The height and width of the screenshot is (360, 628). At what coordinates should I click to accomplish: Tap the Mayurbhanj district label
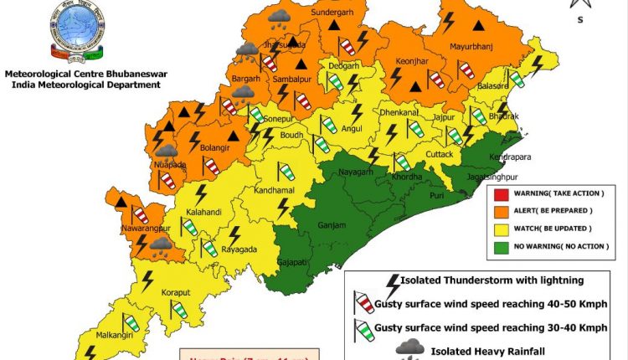474,47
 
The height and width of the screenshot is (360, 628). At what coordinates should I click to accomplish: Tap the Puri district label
412,196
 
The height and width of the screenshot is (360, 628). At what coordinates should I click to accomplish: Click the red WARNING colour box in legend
501,194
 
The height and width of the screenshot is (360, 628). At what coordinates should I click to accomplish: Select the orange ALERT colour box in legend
501,211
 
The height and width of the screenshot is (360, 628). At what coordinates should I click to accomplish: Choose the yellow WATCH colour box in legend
501,229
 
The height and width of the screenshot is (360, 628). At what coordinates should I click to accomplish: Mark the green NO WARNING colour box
501,247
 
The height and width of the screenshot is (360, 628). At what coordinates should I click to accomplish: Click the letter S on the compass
579,21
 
